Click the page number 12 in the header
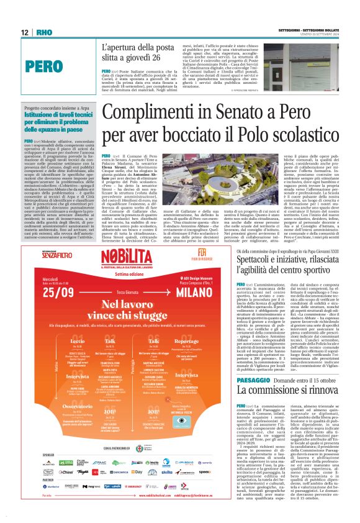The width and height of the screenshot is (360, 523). [24, 32]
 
